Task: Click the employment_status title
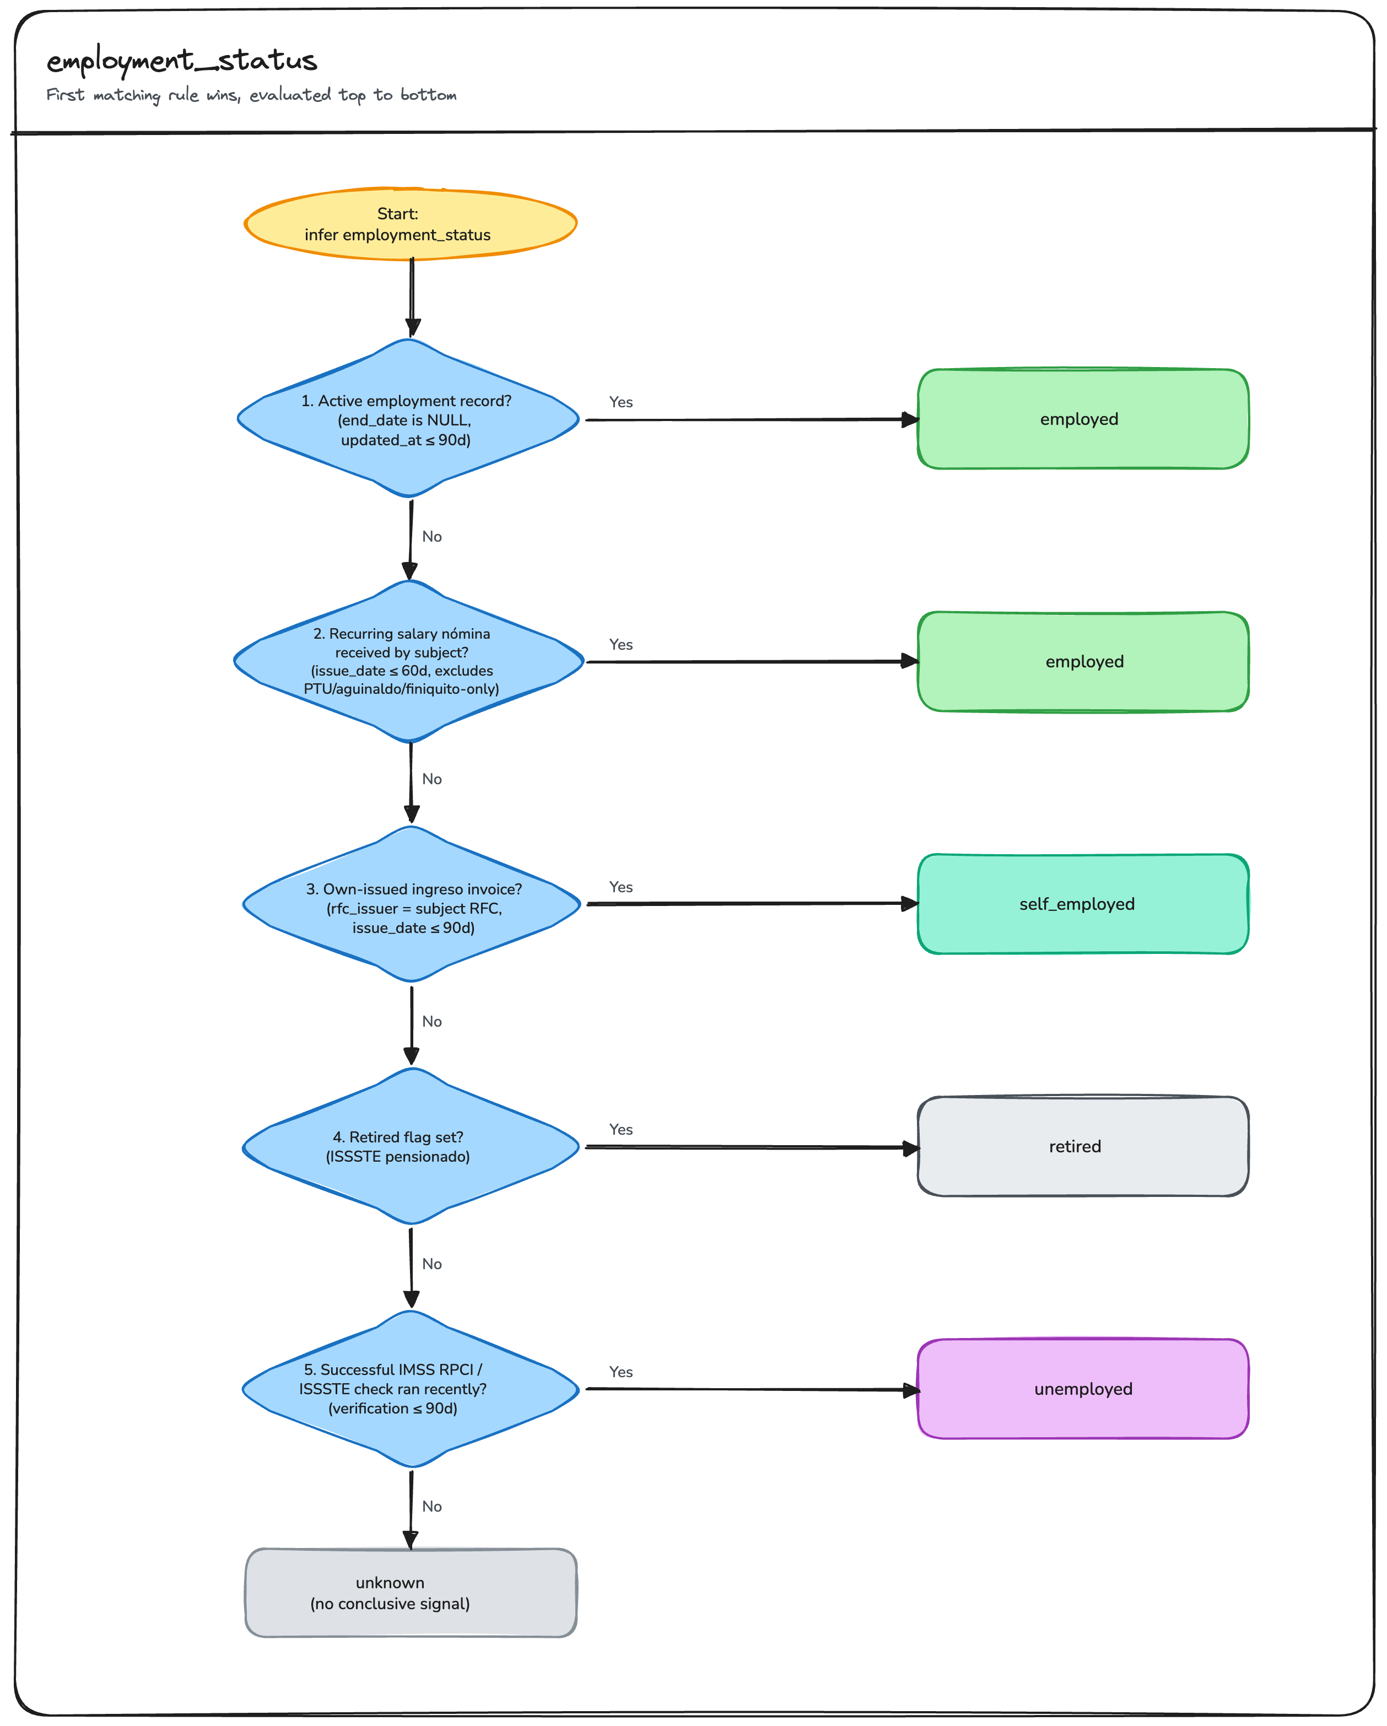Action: click(x=182, y=61)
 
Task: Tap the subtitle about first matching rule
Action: click(x=251, y=95)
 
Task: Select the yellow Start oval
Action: click(x=411, y=224)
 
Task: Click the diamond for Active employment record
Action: click(x=408, y=418)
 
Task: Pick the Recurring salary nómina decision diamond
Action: click(x=408, y=661)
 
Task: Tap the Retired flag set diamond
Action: click(x=412, y=1146)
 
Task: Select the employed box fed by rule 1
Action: click(x=1083, y=419)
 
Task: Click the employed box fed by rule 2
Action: click(x=1083, y=661)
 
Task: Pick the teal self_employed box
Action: click(x=1083, y=904)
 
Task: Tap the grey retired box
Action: click(x=1083, y=1146)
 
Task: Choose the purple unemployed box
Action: click(x=1083, y=1389)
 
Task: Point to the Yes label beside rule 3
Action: click(x=621, y=887)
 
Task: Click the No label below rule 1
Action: click(x=432, y=536)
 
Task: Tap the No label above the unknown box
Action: click(x=432, y=1507)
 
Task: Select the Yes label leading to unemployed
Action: click(x=621, y=1372)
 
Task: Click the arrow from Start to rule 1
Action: click(x=412, y=298)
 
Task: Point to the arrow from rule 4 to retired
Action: click(x=752, y=1147)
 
